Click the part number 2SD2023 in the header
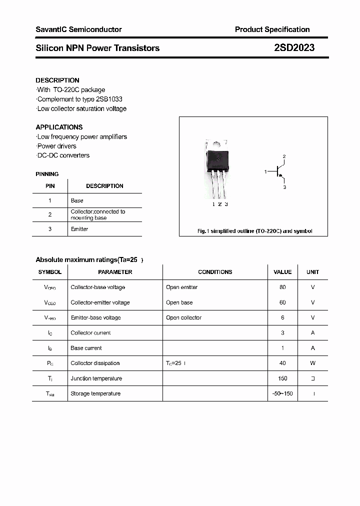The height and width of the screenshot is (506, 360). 294,48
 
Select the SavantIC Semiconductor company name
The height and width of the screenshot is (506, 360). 78,29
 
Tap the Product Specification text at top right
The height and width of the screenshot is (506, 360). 272,29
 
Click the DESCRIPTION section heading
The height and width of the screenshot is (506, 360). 57,80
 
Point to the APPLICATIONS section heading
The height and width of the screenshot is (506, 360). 59,127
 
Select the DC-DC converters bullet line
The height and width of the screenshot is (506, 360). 63,155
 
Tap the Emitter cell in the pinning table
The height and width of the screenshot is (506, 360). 79,229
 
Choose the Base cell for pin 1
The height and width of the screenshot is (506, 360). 77,200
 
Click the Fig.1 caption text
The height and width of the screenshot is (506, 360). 254,231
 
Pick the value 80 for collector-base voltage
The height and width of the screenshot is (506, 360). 282,287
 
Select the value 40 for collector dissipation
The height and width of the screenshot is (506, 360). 282,363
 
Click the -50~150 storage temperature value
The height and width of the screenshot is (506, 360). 282,393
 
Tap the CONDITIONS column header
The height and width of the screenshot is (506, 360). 215,272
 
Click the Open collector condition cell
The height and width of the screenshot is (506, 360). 184,317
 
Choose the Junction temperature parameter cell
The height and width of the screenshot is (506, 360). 96,378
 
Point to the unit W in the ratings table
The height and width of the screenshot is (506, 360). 313,363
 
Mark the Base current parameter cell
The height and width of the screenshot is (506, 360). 86,348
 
